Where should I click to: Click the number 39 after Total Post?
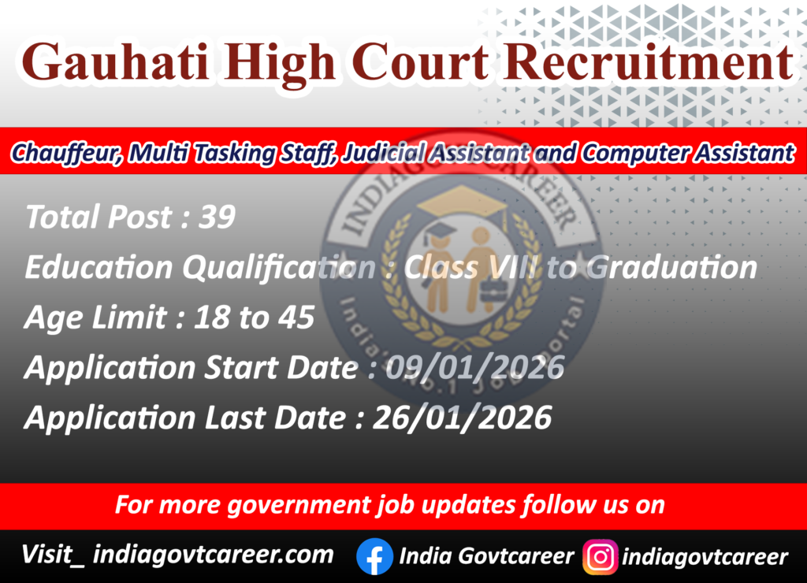(217, 217)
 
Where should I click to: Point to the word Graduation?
(672, 268)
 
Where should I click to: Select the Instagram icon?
(600, 557)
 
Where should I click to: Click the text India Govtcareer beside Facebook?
(486, 556)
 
